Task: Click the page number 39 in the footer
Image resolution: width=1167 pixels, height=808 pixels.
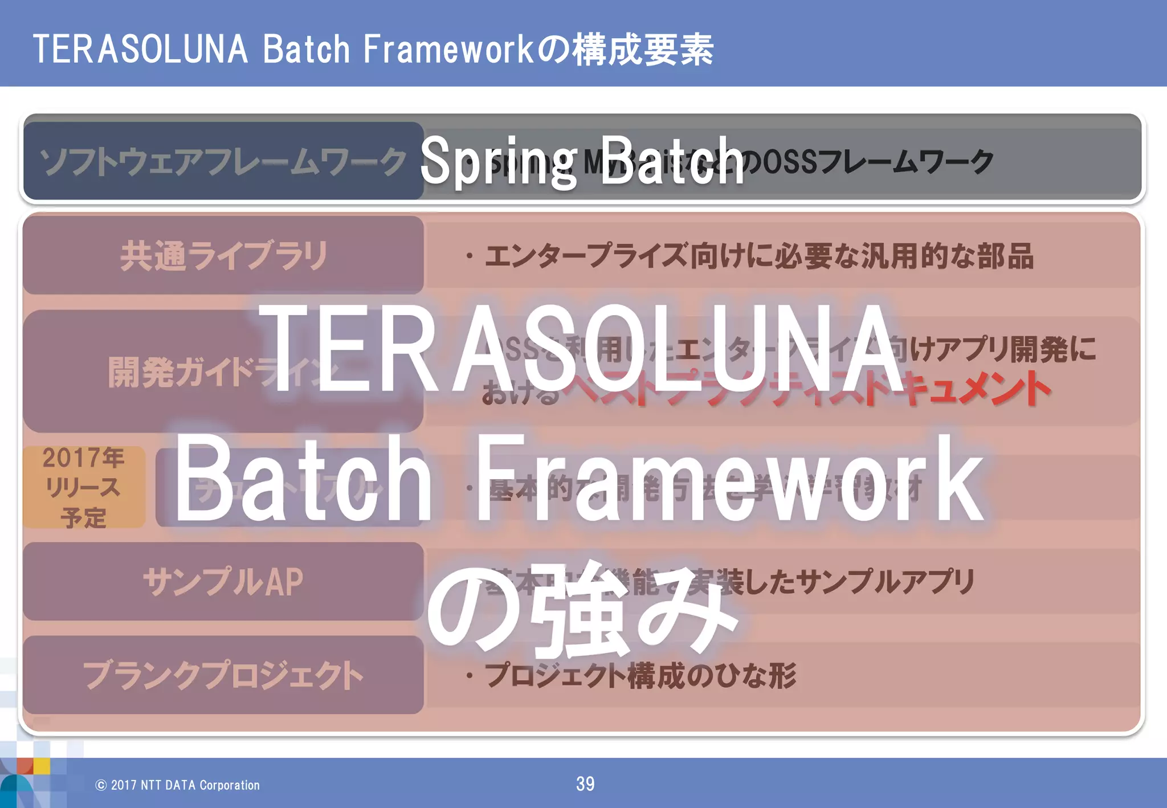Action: click(585, 784)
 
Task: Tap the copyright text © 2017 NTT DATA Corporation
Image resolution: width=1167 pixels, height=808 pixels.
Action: click(178, 785)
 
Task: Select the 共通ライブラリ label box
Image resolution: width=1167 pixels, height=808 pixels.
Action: click(223, 255)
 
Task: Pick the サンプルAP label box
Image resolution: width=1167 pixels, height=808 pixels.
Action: click(223, 581)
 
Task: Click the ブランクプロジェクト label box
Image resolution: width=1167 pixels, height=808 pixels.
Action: click(223, 675)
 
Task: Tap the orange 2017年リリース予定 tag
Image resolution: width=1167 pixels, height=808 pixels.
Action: click(84, 487)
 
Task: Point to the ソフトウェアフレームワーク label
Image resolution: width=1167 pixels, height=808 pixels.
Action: click(222, 161)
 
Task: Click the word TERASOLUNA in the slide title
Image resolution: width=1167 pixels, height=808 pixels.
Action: click(140, 50)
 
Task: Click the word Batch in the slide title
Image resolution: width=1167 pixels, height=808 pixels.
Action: click(306, 50)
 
